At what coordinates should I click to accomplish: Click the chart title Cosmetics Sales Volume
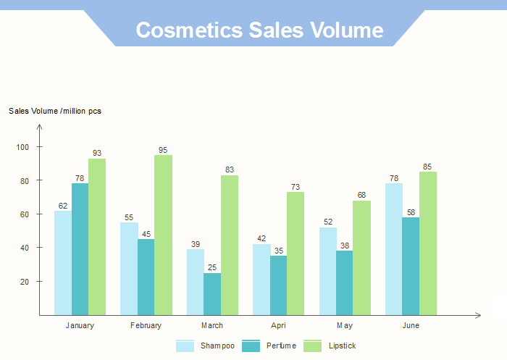click(259, 30)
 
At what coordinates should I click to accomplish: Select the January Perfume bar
click(80, 249)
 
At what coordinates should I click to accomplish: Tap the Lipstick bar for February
click(163, 235)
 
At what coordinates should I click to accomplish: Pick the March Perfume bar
click(212, 293)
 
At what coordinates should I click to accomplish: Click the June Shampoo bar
click(394, 249)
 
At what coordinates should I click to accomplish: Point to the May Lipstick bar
click(361, 258)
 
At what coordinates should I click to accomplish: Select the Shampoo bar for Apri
click(261, 280)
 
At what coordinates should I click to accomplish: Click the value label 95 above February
click(163, 150)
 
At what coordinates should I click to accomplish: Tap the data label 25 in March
click(212, 267)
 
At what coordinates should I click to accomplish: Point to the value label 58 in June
click(411, 212)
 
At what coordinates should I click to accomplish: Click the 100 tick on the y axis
click(22, 147)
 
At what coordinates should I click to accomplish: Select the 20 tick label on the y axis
click(24, 282)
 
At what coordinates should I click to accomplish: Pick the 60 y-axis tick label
click(24, 214)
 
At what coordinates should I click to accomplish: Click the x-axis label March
click(212, 326)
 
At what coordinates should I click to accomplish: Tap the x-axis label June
click(411, 326)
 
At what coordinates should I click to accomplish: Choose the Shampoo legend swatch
click(185, 346)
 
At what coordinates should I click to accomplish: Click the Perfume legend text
click(281, 346)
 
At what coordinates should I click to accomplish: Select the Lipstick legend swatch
click(312, 346)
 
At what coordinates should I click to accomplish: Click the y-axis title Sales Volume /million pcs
click(55, 111)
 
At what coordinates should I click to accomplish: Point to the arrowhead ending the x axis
click(478, 315)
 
